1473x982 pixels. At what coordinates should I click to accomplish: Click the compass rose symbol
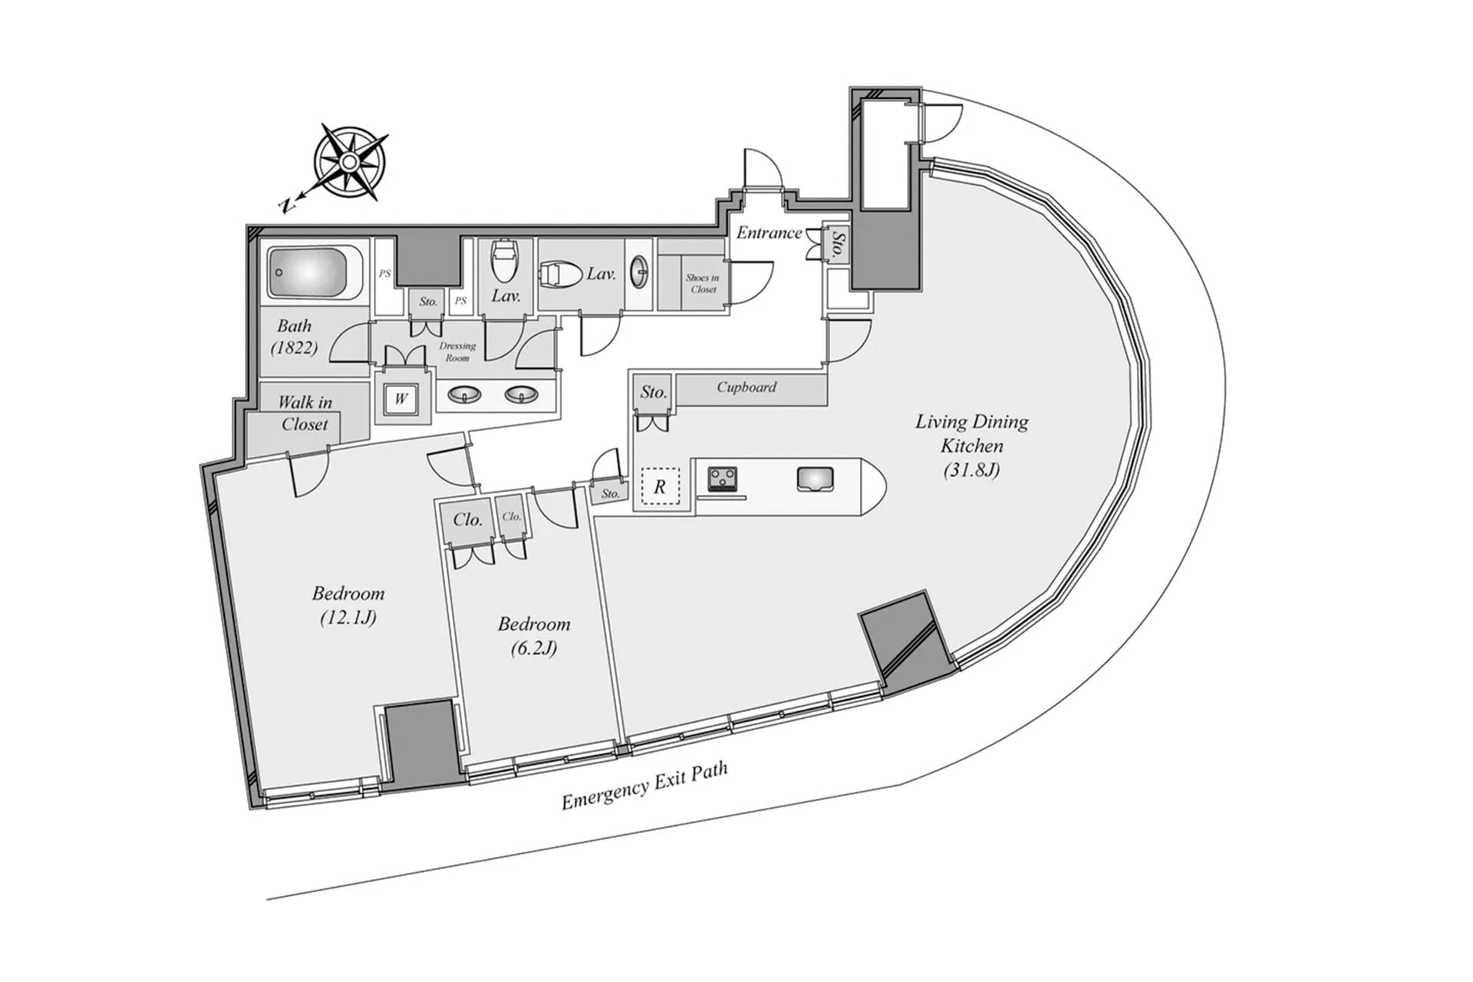pos(350,162)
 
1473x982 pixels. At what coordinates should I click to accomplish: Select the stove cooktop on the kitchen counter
pos(722,479)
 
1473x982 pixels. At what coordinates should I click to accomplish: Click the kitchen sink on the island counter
pos(815,479)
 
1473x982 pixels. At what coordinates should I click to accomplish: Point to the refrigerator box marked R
pos(660,486)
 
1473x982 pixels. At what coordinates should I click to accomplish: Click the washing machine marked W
pos(400,398)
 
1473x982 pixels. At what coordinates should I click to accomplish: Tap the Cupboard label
pos(746,387)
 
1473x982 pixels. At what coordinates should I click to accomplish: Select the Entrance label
pos(769,232)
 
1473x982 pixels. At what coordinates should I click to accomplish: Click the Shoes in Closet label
pos(703,283)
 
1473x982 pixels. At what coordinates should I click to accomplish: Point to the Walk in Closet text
pos(305,413)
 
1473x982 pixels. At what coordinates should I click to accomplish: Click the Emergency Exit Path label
pos(644,786)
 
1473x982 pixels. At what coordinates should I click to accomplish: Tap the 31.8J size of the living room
pos(971,470)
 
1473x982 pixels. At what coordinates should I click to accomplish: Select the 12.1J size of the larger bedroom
pos(348,617)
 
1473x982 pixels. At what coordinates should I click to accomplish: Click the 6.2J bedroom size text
pos(534,648)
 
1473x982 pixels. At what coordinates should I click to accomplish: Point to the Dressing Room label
pos(457,351)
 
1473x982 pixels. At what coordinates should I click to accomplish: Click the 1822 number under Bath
pos(294,347)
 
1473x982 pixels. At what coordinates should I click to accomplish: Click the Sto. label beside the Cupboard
pos(653,392)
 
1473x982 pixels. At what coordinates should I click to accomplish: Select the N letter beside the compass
pos(286,204)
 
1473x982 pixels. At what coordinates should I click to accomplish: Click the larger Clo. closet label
pos(467,519)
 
